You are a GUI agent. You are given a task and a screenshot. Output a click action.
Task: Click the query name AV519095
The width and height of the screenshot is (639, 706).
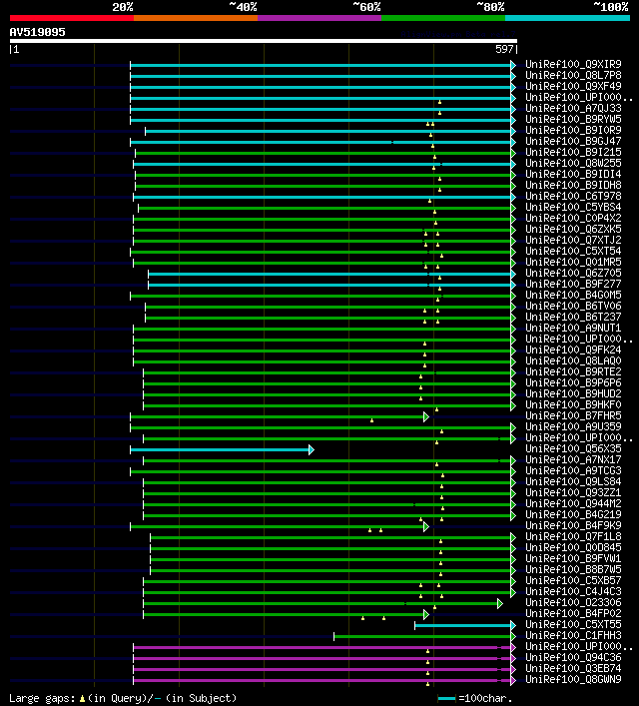38,32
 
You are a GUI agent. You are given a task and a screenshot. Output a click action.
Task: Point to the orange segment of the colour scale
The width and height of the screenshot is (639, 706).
195,18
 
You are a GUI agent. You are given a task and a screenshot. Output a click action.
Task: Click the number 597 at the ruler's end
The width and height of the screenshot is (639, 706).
504,49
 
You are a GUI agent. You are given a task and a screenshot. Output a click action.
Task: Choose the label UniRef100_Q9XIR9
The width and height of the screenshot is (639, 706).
572,65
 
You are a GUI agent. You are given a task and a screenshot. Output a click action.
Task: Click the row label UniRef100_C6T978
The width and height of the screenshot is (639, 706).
572,197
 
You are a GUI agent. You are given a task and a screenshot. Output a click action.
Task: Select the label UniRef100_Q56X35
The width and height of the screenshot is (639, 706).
572,449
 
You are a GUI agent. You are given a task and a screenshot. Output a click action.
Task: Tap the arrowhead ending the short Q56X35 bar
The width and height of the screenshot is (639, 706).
312,450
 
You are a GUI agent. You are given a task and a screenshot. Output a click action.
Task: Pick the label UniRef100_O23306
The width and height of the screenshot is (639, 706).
572,603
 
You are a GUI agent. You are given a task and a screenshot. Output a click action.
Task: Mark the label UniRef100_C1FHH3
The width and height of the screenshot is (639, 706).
572,636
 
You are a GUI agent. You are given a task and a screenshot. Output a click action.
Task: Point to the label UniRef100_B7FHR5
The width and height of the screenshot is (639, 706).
572,416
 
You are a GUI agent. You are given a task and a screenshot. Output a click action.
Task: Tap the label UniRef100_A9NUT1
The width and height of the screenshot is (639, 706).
572,329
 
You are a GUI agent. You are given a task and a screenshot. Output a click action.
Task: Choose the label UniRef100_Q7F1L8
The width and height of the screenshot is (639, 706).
572,537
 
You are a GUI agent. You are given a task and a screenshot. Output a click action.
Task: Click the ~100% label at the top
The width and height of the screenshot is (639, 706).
610,6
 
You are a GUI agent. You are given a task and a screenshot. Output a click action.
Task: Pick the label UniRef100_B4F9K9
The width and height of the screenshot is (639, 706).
572,526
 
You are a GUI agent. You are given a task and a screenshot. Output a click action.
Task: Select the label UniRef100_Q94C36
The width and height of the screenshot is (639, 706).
572,658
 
